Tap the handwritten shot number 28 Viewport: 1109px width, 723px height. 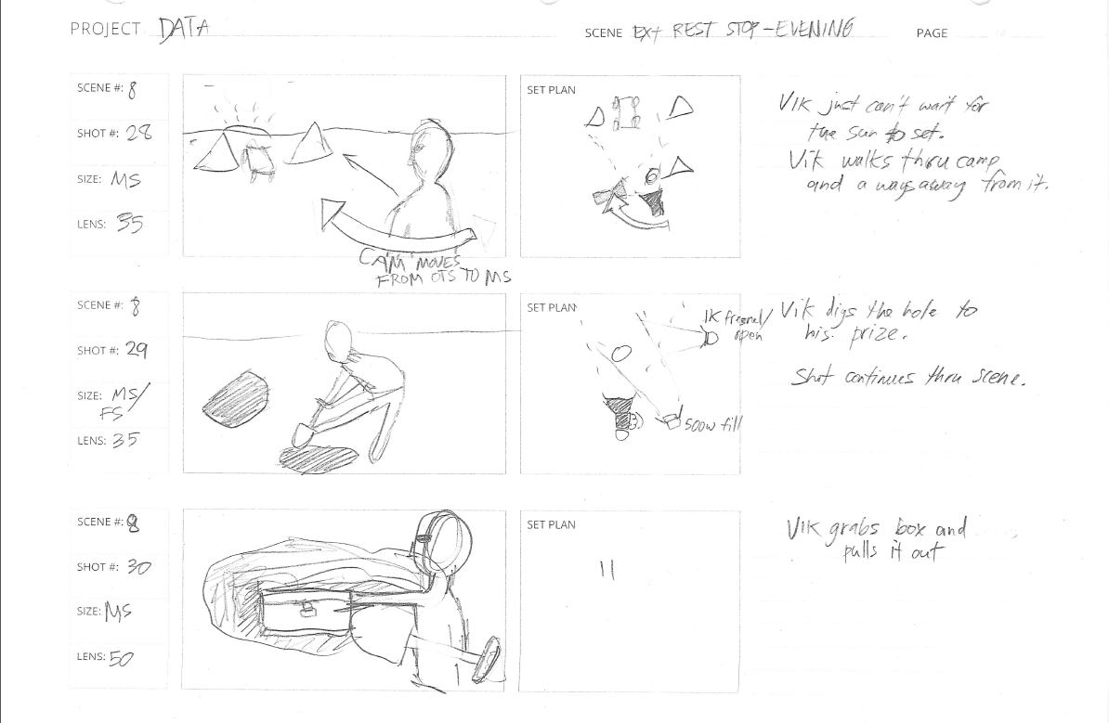pyautogui.click(x=138, y=133)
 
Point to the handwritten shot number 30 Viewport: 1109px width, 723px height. pyautogui.click(x=137, y=566)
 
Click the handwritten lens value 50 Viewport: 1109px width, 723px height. pyautogui.click(x=122, y=658)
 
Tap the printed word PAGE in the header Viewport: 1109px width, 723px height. pyautogui.click(x=932, y=33)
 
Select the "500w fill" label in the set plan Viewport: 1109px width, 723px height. pyautogui.click(x=712, y=425)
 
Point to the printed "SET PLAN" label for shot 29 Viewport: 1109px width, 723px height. pyautogui.click(x=551, y=307)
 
